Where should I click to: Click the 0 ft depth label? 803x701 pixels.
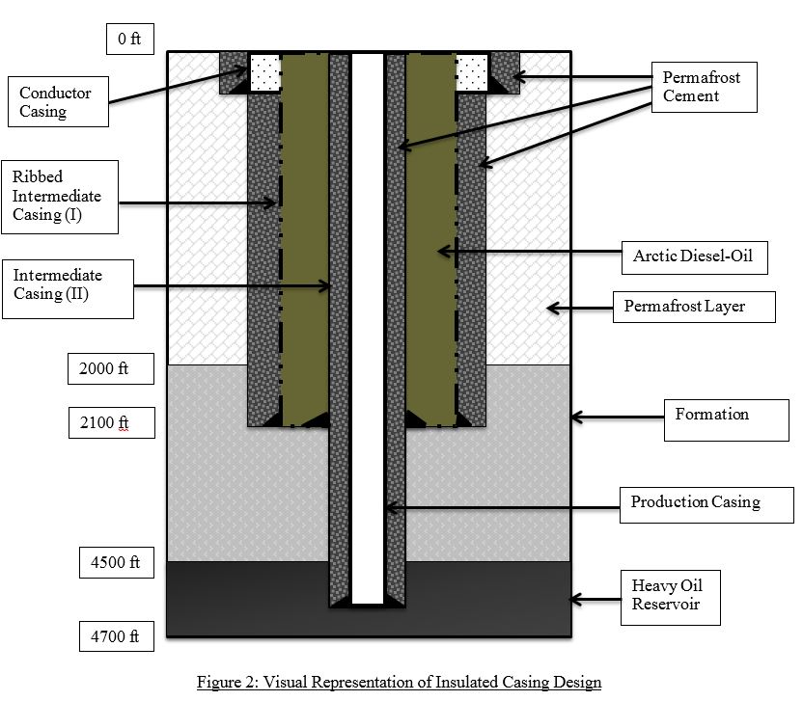coord(128,40)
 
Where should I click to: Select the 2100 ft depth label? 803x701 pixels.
coord(110,421)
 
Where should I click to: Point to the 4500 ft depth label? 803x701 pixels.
coord(110,562)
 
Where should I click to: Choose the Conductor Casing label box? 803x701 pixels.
coord(56,102)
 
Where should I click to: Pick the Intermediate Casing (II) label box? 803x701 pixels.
coord(66,285)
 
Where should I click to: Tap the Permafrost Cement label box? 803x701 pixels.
coord(701,87)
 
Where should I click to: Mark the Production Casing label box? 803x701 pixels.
coord(696,502)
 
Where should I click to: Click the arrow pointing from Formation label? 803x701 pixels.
coord(617,417)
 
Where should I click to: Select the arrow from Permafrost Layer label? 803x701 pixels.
coord(578,309)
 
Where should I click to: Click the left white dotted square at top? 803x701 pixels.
coord(264,69)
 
